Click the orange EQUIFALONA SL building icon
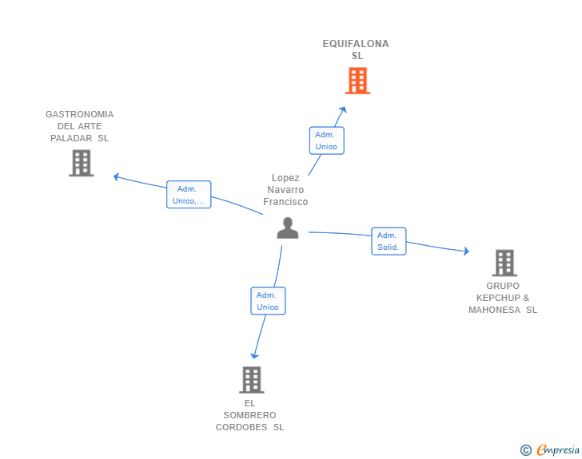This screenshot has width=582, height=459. click(x=357, y=81)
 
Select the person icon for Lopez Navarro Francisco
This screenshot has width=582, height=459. click(x=288, y=228)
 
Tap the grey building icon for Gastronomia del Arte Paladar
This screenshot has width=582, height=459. click(x=82, y=163)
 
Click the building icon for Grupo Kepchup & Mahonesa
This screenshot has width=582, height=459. click(x=504, y=263)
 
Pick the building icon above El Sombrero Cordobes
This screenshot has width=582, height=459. click(x=252, y=380)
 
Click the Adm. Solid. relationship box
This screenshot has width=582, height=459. click(x=389, y=241)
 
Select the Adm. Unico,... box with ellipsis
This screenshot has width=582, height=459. click(x=189, y=195)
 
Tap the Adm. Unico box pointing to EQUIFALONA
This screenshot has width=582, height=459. click(x=327, y=140)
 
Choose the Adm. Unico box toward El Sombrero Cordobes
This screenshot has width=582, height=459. click(x=268, y=301)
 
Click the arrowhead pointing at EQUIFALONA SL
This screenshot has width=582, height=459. click(x=343, y=109)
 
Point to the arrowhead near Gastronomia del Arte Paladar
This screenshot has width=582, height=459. click(x=116, y=177)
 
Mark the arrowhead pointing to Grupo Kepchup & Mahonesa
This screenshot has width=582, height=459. click(x=466, y=251)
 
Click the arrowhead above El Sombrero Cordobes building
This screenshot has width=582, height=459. click(x=254, y=355)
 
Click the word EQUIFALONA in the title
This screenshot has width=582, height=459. click(x=356, y=44)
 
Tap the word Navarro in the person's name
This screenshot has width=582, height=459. click(x=285, y=190)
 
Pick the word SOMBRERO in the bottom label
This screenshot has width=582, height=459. click(x=249, y=415)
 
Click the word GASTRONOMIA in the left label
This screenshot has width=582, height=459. click(x=79, y=114)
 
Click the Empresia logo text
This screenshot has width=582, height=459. click(x=558, y=449)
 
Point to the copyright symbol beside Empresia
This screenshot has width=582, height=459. click(x=526, y=450)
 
